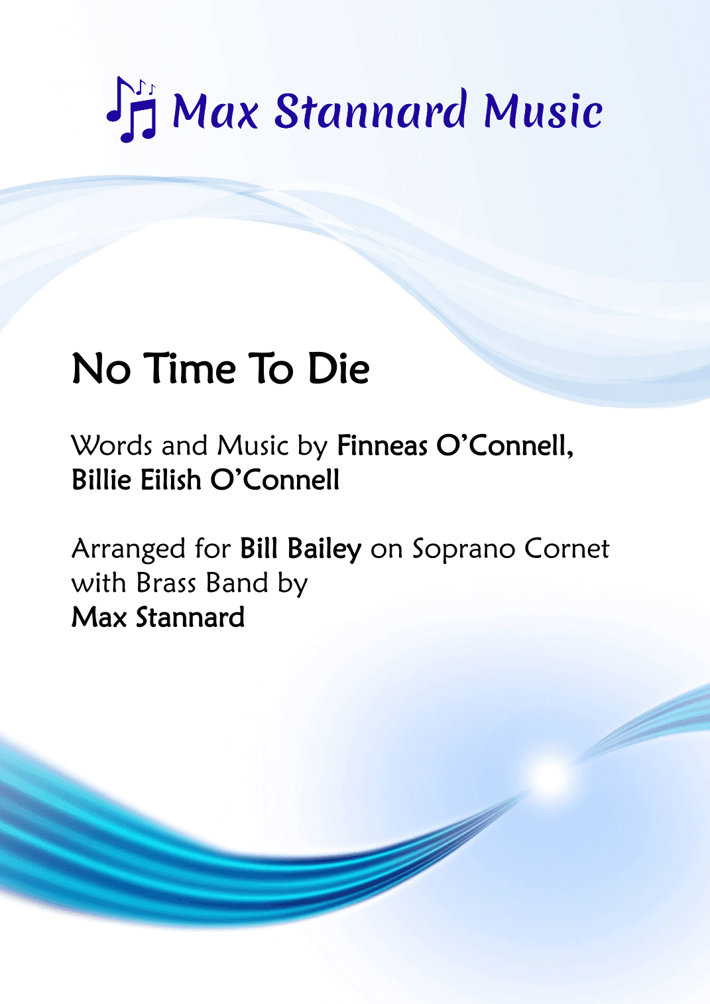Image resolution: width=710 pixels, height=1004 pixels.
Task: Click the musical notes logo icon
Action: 133,109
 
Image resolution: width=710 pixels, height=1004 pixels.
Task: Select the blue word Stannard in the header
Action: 371,110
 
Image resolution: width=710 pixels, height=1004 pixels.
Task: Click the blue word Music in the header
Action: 543,111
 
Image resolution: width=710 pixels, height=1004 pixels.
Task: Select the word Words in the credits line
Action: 112,445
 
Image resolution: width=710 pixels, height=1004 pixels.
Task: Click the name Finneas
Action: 382,445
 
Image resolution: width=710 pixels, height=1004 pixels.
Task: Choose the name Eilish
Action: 170,480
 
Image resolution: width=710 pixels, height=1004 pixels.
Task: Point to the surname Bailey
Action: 324,549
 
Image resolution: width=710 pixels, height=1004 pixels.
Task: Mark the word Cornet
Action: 567,549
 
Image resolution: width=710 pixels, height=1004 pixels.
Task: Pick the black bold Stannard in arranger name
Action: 190,618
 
